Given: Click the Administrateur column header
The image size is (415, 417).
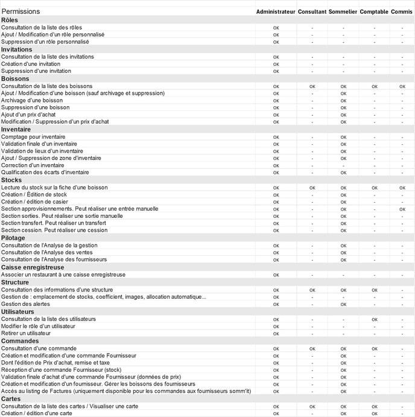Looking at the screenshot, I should point(276,11).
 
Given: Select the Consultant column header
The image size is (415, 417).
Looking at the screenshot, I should point(312,11).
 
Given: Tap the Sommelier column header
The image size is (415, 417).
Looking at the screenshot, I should point(343,11).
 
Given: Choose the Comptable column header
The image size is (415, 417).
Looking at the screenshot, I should point(374,11).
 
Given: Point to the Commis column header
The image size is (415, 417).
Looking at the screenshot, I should point(402,11).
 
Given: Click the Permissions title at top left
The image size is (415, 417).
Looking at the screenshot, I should point(21,11).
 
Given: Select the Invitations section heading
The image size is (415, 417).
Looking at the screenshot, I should point(17,49).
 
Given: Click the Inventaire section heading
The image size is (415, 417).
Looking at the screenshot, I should point(16,129).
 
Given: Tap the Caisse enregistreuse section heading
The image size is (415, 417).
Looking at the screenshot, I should point(33,267).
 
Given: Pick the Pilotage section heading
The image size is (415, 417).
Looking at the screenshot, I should point(13,238).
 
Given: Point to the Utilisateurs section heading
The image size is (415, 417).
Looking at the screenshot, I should point(18,311).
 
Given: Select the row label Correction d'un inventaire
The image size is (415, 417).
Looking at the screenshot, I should point(33,165).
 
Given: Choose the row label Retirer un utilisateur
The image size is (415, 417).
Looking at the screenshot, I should point(26,333).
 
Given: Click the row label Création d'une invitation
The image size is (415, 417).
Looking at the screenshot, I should point(31,64).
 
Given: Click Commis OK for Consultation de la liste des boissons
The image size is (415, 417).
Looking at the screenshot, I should point(402,86).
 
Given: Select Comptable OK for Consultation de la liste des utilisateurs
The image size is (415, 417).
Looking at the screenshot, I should point(375,319).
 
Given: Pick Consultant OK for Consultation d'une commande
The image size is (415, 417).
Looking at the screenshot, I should point(312,348).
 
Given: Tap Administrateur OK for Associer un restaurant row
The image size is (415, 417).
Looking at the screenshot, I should point(276,275).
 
